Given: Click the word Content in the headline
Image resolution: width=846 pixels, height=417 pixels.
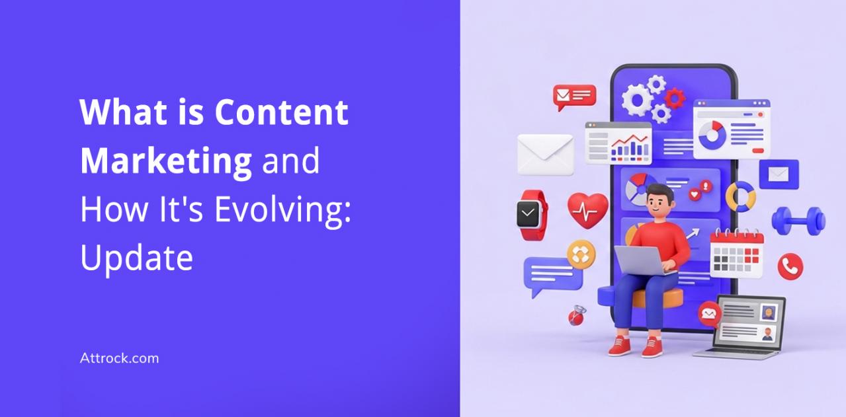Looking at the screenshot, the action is [x=281, y=112].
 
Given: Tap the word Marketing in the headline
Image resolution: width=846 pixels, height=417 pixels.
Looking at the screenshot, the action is [x=166, y=162].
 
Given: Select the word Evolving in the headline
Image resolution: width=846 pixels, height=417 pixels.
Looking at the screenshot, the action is [x=283, y=211].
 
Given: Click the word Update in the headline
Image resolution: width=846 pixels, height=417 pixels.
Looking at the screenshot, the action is [x=136, y=258].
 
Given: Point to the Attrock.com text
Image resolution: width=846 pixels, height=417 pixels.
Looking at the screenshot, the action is [x=119, y=358].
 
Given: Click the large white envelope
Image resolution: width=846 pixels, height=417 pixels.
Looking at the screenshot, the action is [x=545, y=155].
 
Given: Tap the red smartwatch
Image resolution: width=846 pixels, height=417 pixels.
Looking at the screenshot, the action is [x=532, y=215].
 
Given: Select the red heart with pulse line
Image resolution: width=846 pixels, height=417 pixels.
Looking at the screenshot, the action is [x=587, y=210].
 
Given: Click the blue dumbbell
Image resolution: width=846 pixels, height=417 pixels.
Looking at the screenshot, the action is [x=798, y=221].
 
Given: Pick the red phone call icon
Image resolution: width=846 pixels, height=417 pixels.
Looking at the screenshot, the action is [x=790, y=266].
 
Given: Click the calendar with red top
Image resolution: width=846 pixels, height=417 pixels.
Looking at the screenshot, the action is [x=737, y=253].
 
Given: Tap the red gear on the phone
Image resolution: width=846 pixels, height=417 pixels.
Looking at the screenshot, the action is [x=675, y=98].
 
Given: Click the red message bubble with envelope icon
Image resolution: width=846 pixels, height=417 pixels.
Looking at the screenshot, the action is [x=574, y=97].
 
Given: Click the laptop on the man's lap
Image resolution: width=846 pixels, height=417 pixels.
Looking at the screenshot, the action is [x=643, y=260].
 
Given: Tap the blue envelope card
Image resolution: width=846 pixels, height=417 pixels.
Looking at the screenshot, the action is [x=779, y=174].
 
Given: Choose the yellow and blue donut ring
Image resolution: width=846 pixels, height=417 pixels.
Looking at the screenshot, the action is [x=741, y=196].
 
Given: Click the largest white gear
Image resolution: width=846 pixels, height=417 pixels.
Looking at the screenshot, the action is [x=637, y=100].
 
